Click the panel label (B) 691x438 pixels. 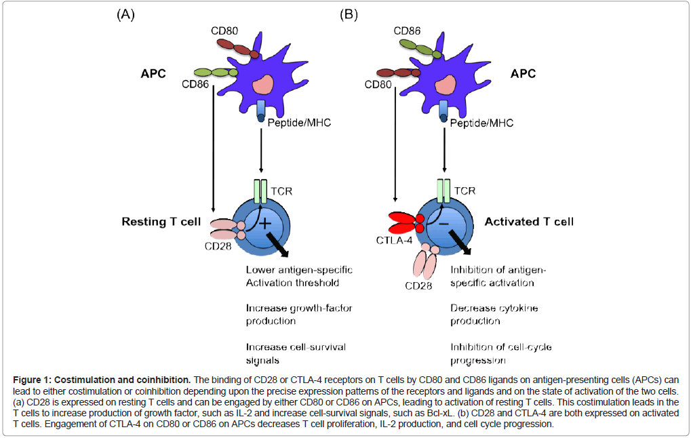[349, 14]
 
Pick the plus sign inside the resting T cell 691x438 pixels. [264, 223]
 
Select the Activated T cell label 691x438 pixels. [529, 222]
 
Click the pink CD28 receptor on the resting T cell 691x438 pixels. [223, 231]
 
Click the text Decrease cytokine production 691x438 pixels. [494, 315]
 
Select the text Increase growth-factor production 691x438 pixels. [298, 315]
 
